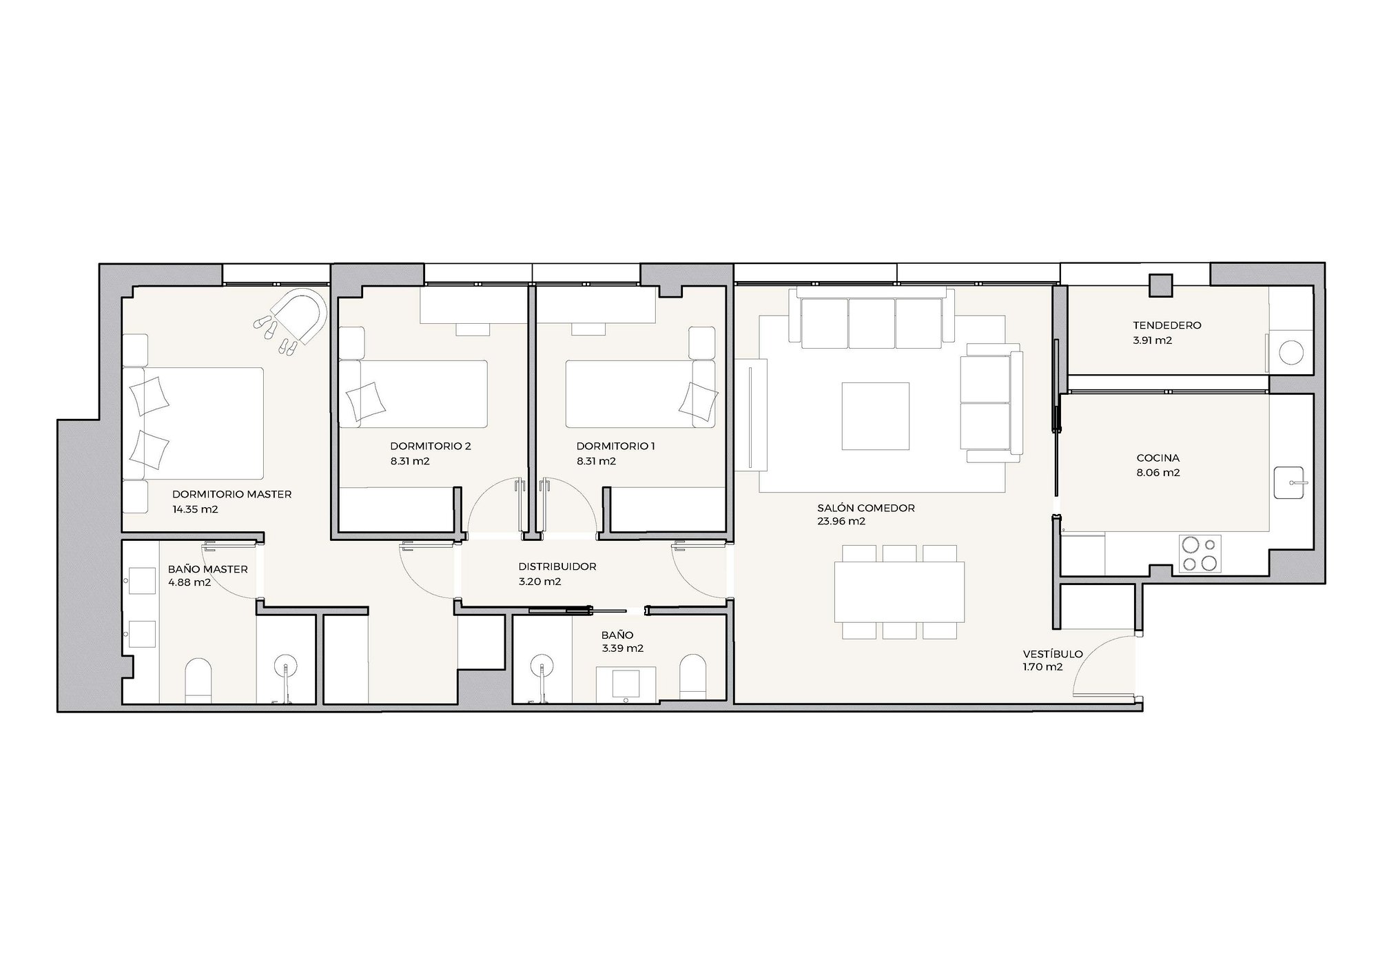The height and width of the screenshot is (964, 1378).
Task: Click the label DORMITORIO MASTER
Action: pos(232,494)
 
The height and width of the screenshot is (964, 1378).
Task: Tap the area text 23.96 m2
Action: pos(841,522)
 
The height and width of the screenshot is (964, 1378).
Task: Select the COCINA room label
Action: pos(1158,458)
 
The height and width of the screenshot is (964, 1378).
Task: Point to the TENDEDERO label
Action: pos(1167,325)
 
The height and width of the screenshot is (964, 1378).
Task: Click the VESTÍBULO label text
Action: pos(1053,654)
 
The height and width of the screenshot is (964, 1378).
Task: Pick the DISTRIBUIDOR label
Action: pos(557,566)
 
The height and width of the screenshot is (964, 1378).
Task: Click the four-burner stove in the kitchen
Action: pos(1200,554)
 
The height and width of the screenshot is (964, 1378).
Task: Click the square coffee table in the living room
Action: pos(875,416)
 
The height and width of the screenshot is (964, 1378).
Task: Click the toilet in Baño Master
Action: pos(198,681)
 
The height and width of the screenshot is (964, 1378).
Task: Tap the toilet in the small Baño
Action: pos(693,674)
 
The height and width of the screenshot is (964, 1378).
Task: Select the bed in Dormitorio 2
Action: pos(413,393)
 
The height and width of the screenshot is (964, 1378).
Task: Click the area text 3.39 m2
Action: pos(622,648)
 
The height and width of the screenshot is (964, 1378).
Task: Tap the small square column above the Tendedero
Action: pos(1161,285)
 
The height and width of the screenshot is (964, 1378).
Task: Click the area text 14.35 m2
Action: pos(195,509)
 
